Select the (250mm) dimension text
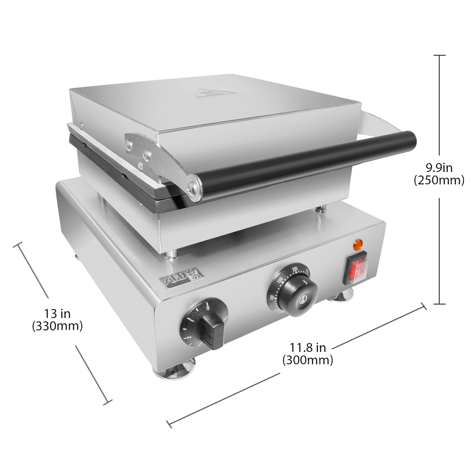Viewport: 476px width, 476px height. click(x=439, y=180)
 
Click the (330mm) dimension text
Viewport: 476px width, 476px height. click(x=57, y=326)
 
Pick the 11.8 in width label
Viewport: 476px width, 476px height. click(x=307, y=347)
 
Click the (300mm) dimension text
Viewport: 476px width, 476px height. click(x=307, y=360)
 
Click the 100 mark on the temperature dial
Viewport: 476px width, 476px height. click(x=272, y=297)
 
